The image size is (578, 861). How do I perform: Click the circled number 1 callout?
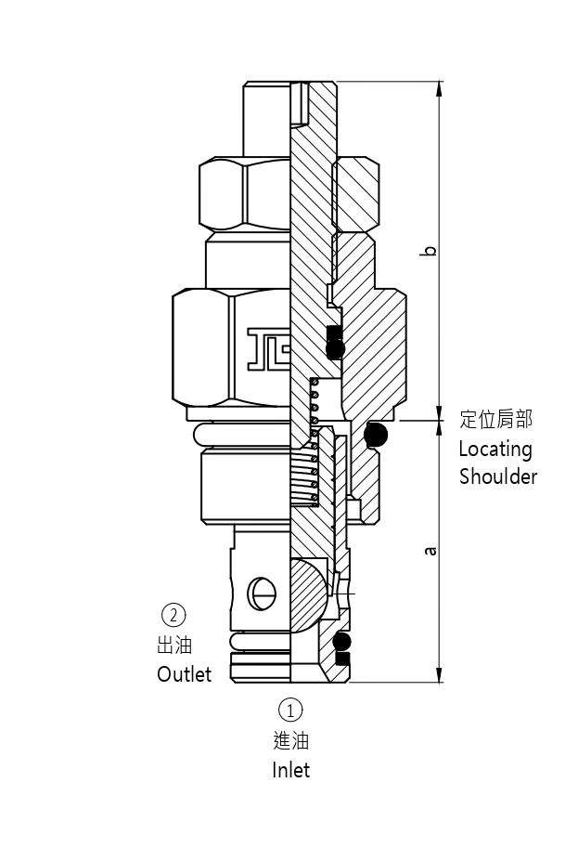pos(290,710)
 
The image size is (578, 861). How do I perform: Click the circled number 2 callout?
pos(173,614)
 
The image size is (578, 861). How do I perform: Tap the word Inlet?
pos(290,770)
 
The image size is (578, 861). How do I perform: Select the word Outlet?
pos(184,674)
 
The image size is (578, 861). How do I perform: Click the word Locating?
pos(495,450)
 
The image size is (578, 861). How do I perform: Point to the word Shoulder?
pos(497,477)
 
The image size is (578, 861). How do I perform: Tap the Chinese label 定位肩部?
pos(496,420)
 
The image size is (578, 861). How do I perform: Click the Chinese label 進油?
pos(290,740)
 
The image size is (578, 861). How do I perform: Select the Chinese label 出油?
pos(174,645)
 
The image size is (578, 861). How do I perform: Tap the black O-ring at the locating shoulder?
pos(377,433)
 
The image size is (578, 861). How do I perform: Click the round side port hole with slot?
pos(262,592)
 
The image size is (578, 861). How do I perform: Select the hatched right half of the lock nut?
pos(356,194)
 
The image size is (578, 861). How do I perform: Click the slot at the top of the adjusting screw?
pos(299,103)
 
